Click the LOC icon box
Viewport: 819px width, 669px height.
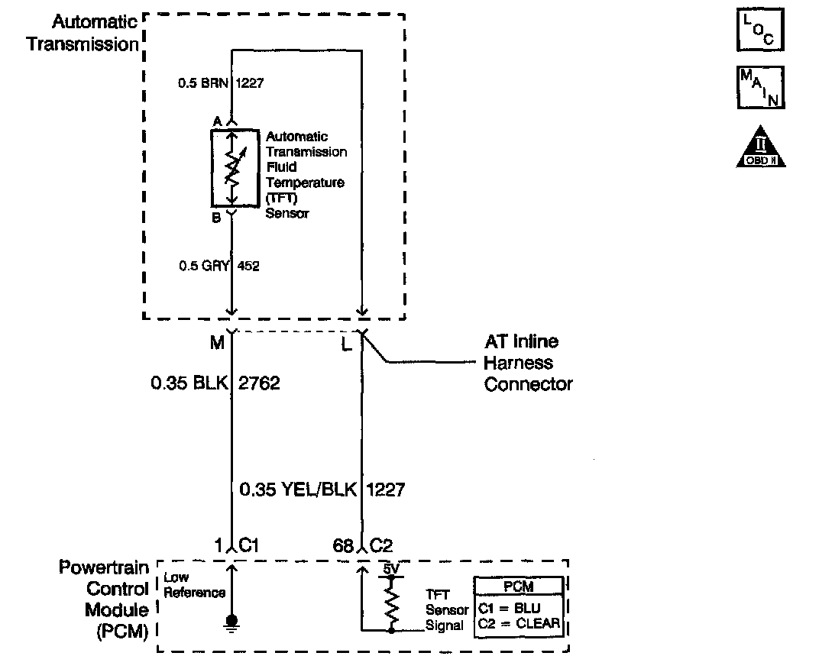(x=760, y=30)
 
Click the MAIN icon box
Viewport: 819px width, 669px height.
(x=760, y=87)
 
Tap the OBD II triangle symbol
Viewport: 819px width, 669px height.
(x=760, y=147)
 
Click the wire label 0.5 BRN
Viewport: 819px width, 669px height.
(x=203, y=83)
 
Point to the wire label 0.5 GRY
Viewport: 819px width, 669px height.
(x=204, y=266)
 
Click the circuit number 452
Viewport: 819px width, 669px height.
(x=248, y=266)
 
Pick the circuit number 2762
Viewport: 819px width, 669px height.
(x=259, y=383)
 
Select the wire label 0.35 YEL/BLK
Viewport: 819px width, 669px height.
(x=298, y=490)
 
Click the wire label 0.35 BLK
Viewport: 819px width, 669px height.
(x=189, y=383)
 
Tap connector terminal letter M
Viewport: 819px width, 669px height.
(x=217, y=343)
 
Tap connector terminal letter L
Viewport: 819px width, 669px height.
(x=346, y=344)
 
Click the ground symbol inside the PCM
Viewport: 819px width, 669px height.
(x=232, y=623)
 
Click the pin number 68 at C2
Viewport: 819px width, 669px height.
(x=343, y=545)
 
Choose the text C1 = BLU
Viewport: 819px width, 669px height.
(x=510, y=609)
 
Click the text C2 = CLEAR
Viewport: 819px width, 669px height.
(x=520, y=624)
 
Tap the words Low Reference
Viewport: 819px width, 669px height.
(x=194, y=585)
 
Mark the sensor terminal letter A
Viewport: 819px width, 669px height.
(x=217, y=121)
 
